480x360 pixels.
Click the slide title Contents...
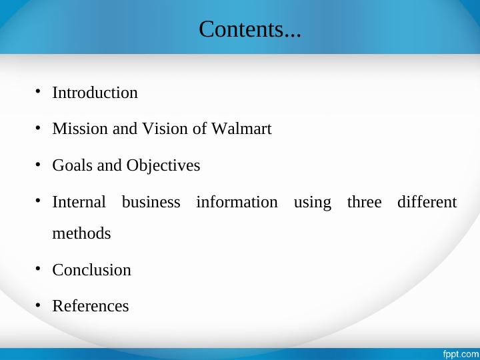(250, 29)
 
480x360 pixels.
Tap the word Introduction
(95, 93)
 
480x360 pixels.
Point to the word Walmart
(241, 129)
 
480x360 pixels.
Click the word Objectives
(163, 165)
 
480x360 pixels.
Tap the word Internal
(79, 202)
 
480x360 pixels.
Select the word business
(151, 202)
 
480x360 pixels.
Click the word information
(237, 202)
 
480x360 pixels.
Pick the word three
(364, 202)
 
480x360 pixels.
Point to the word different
(427, 202)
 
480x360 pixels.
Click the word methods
(81, 234)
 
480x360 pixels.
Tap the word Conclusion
(91, 270)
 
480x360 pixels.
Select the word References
(90, 306)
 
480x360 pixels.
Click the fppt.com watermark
(461, 353)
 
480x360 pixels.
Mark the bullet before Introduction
(39, 91)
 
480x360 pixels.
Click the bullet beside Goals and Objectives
(39, 163)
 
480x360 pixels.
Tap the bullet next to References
(39, 304)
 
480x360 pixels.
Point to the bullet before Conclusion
(39, 268)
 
